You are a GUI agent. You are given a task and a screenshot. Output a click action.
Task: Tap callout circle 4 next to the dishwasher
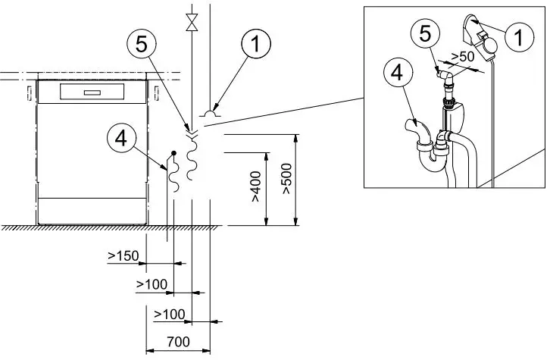click(122, 138)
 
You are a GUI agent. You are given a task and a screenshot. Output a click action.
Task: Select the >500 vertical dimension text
click(286, 180)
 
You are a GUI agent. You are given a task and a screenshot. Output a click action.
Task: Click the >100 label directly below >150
click(150, 283)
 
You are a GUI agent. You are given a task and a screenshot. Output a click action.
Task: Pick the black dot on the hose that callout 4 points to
click(174, 153)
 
